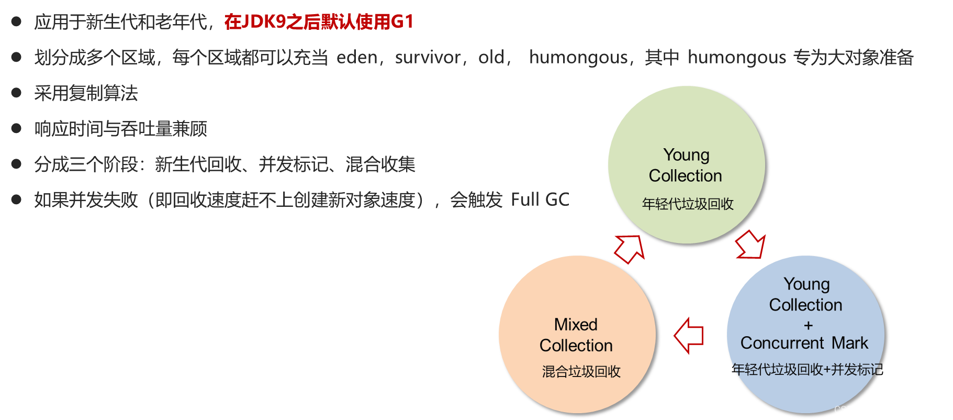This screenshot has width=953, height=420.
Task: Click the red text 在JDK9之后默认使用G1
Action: pos(319,22)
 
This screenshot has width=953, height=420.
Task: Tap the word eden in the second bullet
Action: pos(357,57)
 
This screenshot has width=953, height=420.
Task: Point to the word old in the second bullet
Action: pos(491,57)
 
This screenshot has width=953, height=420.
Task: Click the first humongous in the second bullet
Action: pos(578,57)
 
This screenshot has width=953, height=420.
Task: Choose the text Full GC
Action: pos(540,200)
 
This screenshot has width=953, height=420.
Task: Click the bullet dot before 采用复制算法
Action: pos(16,93)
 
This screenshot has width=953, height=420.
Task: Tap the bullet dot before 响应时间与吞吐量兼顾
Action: pos(16,128)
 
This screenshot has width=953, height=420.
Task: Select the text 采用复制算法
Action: pos(86,93)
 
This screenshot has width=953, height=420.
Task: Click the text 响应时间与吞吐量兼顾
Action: pos(120,129)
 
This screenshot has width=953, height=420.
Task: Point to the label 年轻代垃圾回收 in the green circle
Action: pos(688,204)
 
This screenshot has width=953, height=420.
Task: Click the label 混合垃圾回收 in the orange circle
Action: pos(581,371)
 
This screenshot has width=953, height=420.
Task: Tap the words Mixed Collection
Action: pos(576,335)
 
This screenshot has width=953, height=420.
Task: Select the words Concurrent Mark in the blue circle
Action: pos(804,343)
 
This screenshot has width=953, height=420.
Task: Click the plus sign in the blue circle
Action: pos(808,326)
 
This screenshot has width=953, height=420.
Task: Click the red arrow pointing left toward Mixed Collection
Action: pos(688,336)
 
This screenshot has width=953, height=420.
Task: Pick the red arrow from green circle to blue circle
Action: pos(751,245)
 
